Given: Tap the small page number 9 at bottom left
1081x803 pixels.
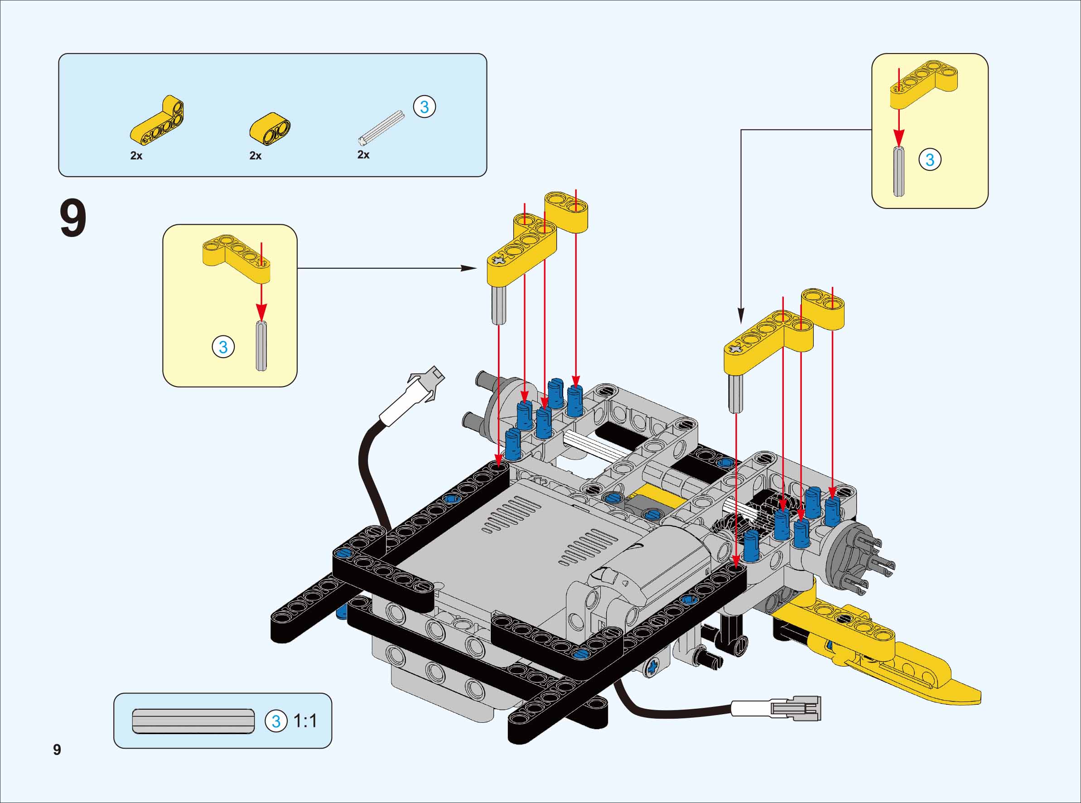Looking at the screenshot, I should point(57,750).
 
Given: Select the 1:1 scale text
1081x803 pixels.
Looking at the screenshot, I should point(305,721).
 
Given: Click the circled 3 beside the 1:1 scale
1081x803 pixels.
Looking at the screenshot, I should point(275,721).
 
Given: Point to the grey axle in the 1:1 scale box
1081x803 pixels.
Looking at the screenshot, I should point(193,721).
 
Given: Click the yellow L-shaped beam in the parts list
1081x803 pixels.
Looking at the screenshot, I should point(157,121).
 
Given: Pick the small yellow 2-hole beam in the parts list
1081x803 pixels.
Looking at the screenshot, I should point(270,129).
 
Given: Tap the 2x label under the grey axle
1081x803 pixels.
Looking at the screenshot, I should point(363,155).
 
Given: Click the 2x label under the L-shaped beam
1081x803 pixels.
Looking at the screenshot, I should point(136,155).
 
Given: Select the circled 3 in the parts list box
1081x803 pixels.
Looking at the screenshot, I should point(424,107).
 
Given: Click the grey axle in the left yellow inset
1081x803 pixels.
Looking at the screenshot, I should point(261,346).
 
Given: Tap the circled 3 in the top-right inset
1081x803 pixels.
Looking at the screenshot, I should point(929,160).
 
